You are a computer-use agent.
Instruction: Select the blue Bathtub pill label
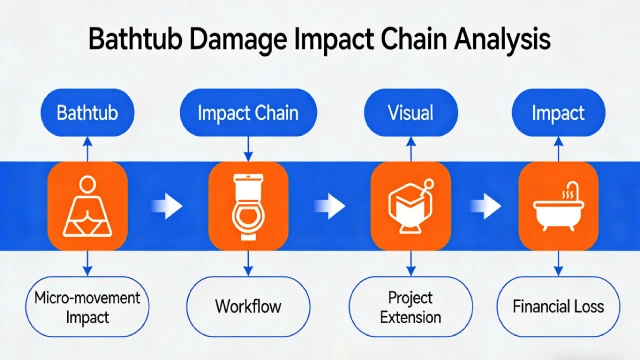(x=87, y=113)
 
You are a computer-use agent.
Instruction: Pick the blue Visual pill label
(x=410, y=113)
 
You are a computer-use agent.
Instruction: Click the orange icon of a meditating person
(x=87, y=206)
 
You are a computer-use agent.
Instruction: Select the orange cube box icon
(x=410, y=206)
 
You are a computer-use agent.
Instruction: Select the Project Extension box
(x=410, y=307)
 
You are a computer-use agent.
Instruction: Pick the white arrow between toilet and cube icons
(x=329, y=208)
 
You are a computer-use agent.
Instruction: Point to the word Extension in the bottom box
(x=410, y=318)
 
